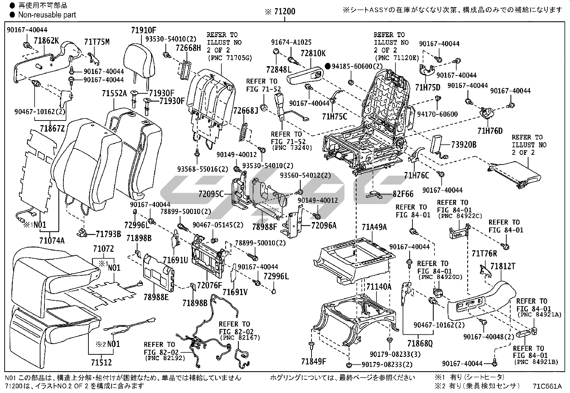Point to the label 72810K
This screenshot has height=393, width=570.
tap(313, 54)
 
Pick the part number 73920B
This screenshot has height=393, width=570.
tap(464, 145)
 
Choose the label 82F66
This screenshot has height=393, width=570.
tap(403, 194)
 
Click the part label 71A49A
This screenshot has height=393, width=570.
tap(374, 227)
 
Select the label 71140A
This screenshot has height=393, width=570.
tap(379, 287)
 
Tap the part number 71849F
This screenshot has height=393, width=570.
tap(314, 362)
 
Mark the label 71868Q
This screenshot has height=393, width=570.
tap(420, 344)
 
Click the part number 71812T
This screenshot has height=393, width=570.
tap(503, 266)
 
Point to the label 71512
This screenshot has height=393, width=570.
tap(101, 362)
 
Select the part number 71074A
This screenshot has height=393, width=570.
tap(52, 240)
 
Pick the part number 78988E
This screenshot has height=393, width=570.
tap(156, 297)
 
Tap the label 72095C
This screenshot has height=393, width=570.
tap(211, 195)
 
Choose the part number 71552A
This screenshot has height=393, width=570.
tap(114, 94)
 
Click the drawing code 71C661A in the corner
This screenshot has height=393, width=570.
tap(547, 386)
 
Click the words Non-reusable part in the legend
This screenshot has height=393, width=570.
tap(47, 15)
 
